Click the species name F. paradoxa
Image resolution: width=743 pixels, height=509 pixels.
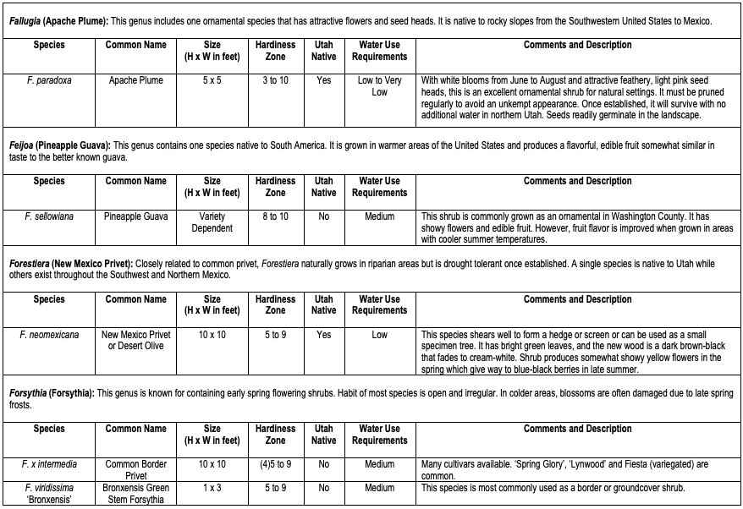click(49, 80)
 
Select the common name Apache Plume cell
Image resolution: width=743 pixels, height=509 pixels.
click(135, 80)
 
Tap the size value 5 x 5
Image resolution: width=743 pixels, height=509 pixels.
click(212, 80)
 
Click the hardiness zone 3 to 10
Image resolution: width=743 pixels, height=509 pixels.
click(275, 80)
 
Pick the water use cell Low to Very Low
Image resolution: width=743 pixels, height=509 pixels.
click(379, 86)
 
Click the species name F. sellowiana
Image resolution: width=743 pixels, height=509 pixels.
click(49, 216)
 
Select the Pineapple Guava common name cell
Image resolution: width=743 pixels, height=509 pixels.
click(135, 216)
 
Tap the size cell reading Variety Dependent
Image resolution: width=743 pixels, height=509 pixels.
click(212, 222)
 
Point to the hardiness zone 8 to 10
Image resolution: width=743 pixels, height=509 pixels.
click(275, 216)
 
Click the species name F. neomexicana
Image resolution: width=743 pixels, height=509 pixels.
click(49, 335)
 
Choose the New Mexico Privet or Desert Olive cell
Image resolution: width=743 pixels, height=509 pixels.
click(135, 341)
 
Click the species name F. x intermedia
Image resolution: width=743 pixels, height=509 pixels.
click(49, 464)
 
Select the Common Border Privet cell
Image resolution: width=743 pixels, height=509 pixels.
click(135, 470)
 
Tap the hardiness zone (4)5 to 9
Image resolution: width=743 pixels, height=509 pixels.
click(275, 464)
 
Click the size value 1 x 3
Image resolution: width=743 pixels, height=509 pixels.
click(212, 488)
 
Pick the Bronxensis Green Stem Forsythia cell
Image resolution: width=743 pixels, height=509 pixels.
click(135, 494)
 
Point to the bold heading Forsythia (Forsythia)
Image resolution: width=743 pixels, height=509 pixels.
click(52, 393)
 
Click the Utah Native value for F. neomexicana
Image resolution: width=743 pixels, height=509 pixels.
click(323, 335)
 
